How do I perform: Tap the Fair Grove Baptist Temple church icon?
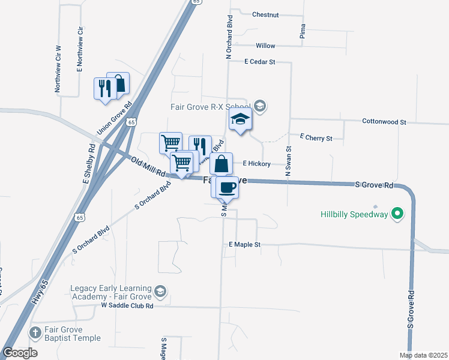(35, 332)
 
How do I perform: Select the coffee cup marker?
(228, 187)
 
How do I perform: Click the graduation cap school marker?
(240, 119)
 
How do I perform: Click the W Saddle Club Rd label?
(127, 305)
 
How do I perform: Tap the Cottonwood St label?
(384, 122)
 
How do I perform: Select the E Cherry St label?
(316, 138)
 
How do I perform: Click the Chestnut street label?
(265, 14)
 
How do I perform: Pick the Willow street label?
(265, 46)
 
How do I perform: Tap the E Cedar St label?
(259, 61)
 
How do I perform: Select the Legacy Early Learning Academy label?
(113, 292)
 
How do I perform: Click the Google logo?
(20, 353)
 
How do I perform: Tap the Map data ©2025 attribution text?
(423, 355)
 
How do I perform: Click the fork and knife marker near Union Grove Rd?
(103, 88)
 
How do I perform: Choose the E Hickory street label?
(257, 163)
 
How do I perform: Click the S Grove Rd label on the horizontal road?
(374, 185)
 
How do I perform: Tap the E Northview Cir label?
(79, 49)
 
